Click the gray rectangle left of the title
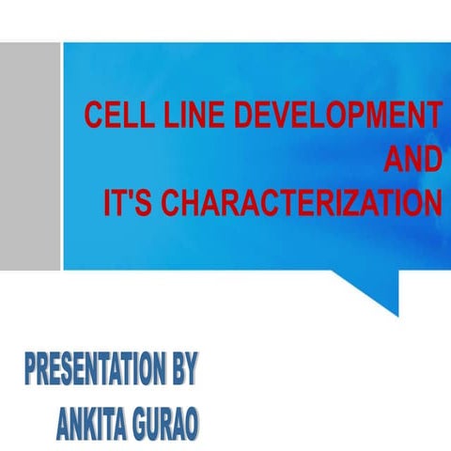30,155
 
